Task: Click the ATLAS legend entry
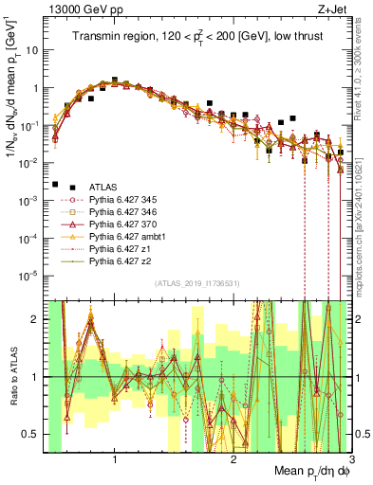pos(103,188)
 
